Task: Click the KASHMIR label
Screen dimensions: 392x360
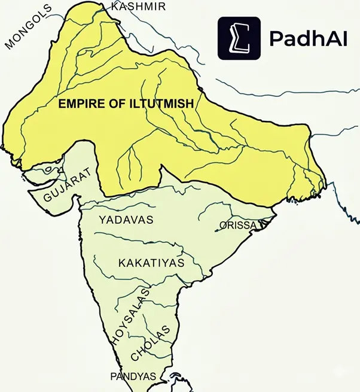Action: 138,7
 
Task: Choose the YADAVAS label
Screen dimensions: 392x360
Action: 126,220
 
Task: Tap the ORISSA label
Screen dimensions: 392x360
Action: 238,226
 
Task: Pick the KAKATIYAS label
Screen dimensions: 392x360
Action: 151,263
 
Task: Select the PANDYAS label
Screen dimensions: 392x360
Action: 133,376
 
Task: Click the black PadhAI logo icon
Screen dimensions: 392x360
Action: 239,38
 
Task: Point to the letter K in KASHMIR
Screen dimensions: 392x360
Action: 115,7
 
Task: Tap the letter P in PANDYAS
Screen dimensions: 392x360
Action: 114,376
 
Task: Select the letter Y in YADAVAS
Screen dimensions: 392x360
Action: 102,220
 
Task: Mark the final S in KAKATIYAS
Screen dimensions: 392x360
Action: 181,263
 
